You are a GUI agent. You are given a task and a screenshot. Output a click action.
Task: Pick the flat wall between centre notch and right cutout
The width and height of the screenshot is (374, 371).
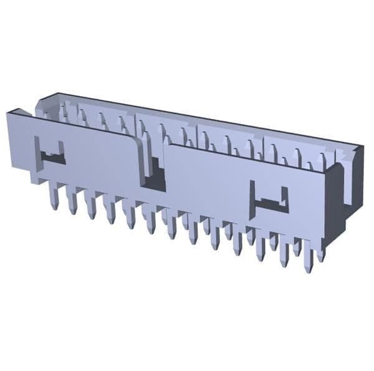206,181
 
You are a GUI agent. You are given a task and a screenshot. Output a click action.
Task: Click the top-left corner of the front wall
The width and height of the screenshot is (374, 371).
9,114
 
